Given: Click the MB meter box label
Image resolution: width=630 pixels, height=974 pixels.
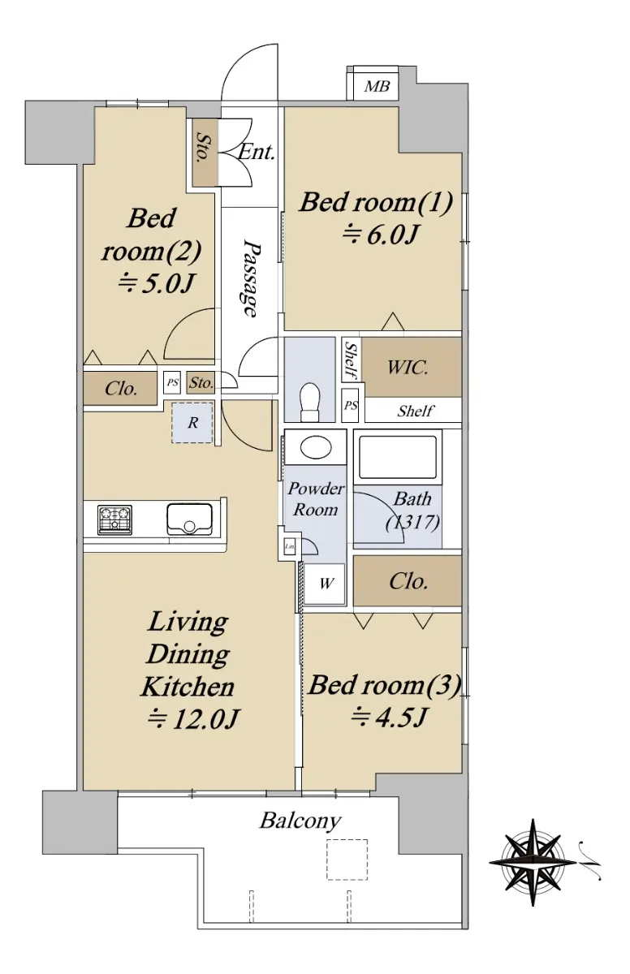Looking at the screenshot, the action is click(x=377, y=86).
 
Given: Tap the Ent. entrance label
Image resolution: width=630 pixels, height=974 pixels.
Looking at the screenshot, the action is click(x=257, y=153).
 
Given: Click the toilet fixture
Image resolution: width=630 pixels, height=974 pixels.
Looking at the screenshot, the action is click(x=310, y=401).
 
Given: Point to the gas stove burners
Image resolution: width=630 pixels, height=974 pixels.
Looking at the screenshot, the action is click(x=114, y=519).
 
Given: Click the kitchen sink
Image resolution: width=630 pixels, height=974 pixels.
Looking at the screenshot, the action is click(x=189, y=519).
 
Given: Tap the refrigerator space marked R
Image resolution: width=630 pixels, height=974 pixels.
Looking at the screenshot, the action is click(x=192, y=423).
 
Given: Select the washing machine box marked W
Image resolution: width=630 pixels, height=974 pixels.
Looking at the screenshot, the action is click(x=325, y=584).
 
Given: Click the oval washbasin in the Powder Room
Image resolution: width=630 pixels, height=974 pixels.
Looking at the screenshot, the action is click(x=316, y=447).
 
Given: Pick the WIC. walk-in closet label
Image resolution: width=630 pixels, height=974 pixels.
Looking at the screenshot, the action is click(x=408, y=368).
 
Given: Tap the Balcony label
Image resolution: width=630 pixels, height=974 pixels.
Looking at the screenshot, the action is click(x=300, y=821).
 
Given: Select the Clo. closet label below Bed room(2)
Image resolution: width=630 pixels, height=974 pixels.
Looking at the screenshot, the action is click(x=121, y=388).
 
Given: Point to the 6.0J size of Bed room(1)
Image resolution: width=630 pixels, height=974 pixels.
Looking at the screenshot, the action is click(x=381, y=235).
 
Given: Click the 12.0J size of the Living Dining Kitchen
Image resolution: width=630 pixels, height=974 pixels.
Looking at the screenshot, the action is click(x=192, y=720).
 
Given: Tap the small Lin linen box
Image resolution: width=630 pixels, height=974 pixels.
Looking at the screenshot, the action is click(x=290, y=546).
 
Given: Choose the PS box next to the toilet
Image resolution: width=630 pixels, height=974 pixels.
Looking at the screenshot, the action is click(x=351, y=405).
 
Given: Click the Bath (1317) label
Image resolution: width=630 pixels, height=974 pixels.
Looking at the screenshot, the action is click(x=412, y=511).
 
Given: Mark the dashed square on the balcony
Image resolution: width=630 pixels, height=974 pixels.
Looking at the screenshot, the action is click(x=347, y=860).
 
